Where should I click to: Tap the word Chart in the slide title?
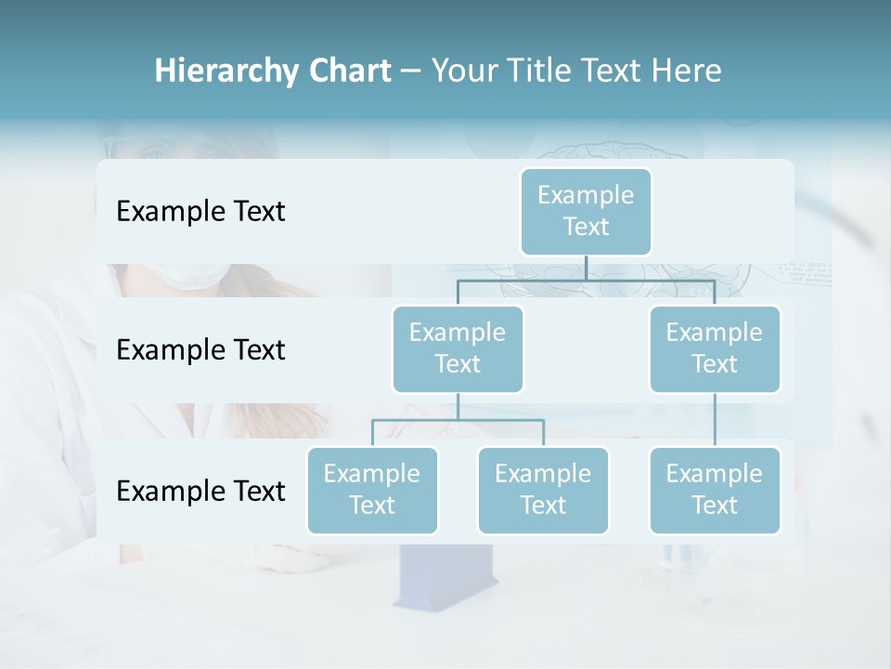[349, 72]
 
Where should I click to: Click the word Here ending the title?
[684, 72]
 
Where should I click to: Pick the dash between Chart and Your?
[411, 72]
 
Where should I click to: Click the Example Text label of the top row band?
[200, 212]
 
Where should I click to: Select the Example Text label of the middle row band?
[200, 350]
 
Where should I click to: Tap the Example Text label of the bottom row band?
[200, 492]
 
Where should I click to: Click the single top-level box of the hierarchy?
[586, 212]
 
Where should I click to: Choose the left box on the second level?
[458, 349]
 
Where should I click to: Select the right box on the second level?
[715, 349]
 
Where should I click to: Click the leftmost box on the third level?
[372, 491]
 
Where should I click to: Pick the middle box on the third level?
[543, 491]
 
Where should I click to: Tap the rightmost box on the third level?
[715, 491]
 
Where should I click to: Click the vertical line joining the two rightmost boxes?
[715, 420]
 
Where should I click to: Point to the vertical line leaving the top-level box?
[586, 268]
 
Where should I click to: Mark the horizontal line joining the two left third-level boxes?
[458, 420]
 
